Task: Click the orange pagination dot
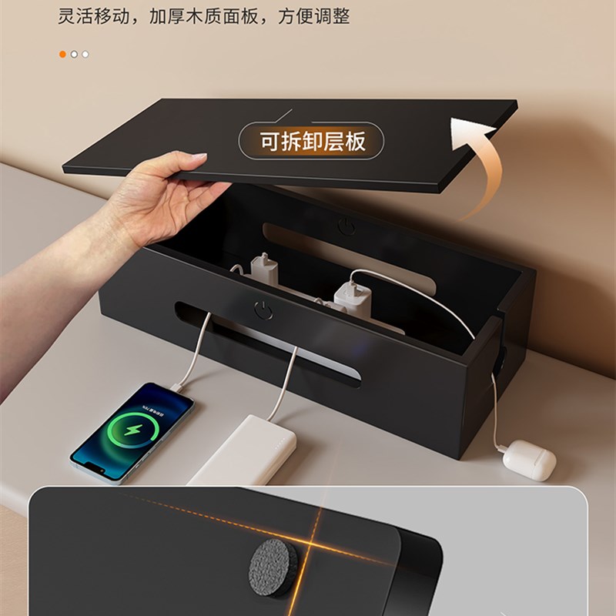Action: [x=62, y=54]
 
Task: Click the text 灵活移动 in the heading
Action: [x=87, y=16]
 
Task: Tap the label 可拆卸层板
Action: [x=311, y=141]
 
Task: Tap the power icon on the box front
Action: [x=263, y=310]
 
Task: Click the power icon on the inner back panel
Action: [x=346, y=227]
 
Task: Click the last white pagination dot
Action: [x=85, y=54]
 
